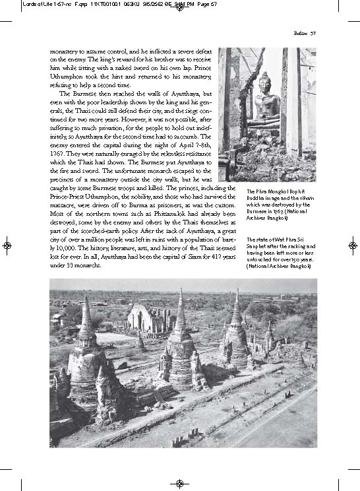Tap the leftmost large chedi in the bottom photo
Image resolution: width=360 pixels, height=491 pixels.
coord(86,356)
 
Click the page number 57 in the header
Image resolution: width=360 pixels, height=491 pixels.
coord(313,33)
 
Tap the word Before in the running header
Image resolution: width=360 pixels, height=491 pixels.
coord(299,33)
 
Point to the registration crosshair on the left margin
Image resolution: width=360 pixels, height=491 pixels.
coord(7,245)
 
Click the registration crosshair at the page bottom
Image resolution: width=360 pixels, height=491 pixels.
coord(180,484)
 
